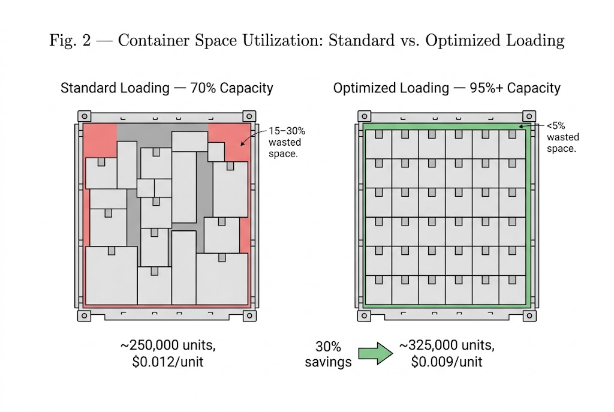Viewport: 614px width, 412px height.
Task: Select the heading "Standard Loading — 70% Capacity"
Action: click(167, 88)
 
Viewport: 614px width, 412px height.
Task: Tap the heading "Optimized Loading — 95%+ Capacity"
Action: click(447, 88)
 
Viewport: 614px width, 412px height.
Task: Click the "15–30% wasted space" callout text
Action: click(286, 143)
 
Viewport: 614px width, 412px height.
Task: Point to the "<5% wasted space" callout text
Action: click(562, 137)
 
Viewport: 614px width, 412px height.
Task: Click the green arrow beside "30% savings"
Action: click(375, 354)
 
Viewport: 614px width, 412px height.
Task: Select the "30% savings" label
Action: click(328, 354)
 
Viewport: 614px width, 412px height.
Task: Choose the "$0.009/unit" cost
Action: click(446, 362)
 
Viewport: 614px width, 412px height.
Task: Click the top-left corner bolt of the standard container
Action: click(85, 116)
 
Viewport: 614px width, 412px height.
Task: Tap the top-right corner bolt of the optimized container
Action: click(528, 116)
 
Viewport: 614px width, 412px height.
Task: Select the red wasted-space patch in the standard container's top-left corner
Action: click(99, 139)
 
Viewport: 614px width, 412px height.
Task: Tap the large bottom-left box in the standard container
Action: click(111, 275)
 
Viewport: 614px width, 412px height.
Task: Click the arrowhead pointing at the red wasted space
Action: click(243, 143)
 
